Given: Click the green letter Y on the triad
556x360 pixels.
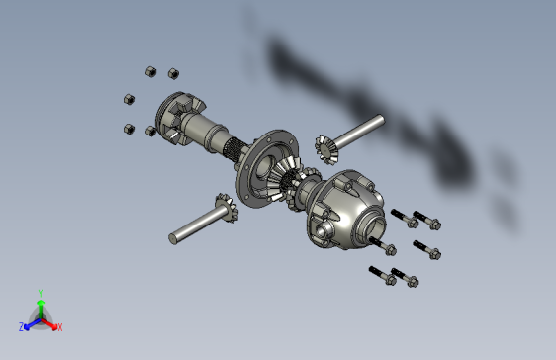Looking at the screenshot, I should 40,292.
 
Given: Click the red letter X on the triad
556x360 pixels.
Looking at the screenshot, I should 59,326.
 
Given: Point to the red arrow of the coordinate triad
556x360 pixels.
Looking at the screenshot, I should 50,322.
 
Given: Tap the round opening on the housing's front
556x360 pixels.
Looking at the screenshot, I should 325,230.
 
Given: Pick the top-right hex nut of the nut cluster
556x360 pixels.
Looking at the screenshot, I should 173,72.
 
